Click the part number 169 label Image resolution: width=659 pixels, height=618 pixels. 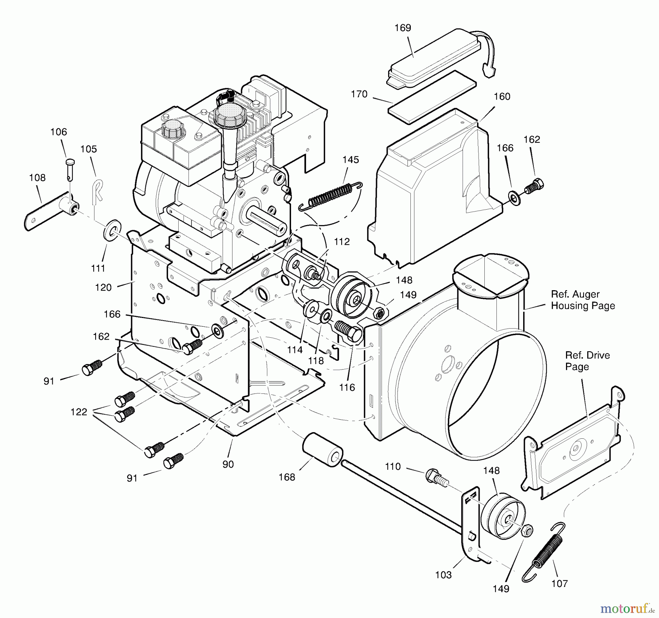click(x=403, y=28)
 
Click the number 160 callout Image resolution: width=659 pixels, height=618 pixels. click(x=502, y=97)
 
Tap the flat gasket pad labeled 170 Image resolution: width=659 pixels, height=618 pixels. click(x=432, y=97)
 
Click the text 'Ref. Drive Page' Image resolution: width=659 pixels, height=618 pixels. click(x=587, y=361)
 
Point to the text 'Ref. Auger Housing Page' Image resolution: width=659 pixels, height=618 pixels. click(x=582, y=300)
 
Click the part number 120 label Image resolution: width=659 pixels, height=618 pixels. click(x=103, y=288)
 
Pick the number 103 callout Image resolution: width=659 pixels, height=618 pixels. click(x=443, y=575)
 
